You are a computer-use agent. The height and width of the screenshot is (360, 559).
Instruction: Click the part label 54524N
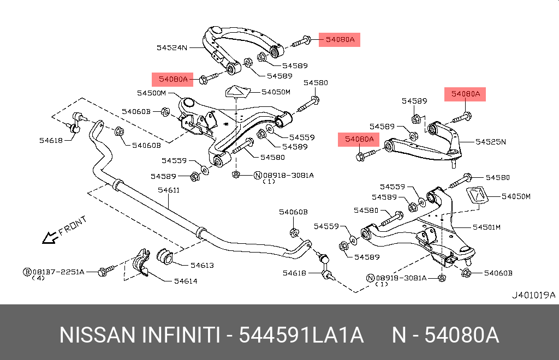[x=172, y=47]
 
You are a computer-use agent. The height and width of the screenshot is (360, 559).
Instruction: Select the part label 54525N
[x=490, y=142]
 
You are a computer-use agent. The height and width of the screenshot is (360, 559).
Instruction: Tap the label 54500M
[x=151, y=93]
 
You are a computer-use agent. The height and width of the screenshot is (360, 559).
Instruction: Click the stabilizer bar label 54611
[x=169, y=190]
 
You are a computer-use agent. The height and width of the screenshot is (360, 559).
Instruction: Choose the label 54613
[x=201, y=266]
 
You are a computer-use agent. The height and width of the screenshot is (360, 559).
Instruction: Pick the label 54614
[x=186, y=281]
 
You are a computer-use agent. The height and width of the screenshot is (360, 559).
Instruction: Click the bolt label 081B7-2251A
[x=57, y=271]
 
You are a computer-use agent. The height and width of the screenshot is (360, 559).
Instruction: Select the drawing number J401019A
[x=533, y=295]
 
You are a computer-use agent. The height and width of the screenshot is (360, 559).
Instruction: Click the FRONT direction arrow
[x=52, y=236]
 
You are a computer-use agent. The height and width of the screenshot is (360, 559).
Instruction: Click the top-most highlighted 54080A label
[x=340, y=39]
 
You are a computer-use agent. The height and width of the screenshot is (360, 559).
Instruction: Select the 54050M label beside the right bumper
[x=516, y=196]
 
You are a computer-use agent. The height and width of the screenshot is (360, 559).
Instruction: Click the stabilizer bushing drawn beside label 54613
[x=164, y=256]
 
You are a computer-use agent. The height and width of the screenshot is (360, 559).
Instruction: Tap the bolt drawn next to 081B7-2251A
[x=105, y=271]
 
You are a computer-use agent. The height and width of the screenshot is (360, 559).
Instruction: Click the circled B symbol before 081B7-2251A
[x=26, y=271]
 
